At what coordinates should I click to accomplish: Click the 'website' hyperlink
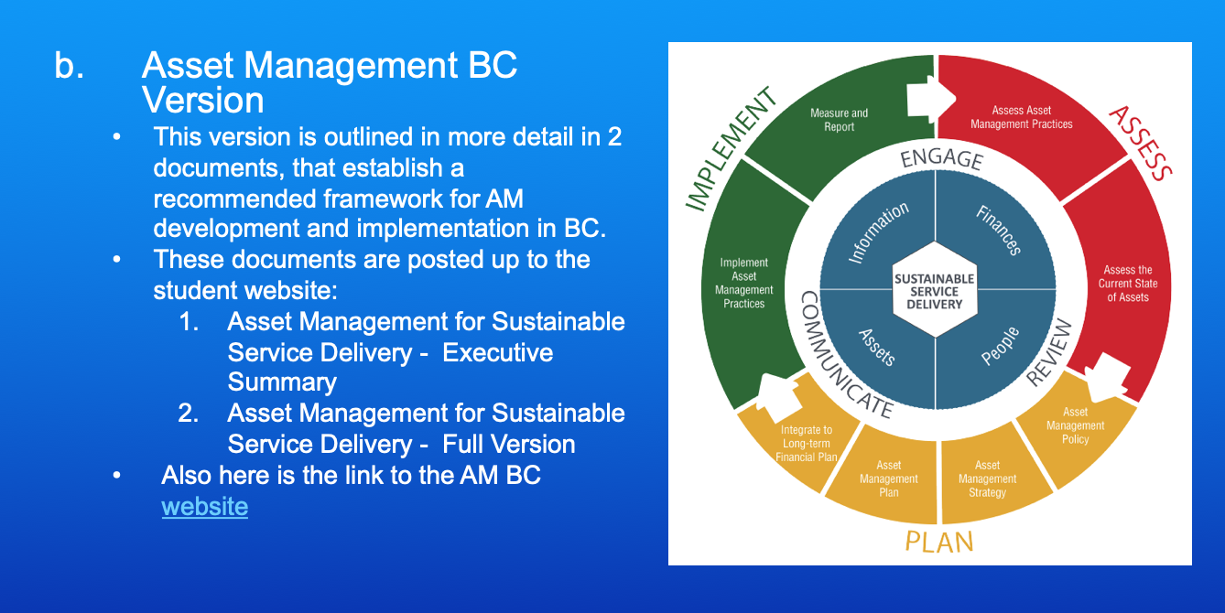pos(204,506)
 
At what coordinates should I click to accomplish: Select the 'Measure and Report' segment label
pos(839,120)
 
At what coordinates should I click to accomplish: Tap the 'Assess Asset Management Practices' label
pos(1021,117)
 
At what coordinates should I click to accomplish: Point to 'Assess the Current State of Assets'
pos(1127,284)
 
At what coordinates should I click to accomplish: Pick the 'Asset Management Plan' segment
pos(888,479)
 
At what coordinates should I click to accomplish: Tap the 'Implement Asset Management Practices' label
pos(743,283)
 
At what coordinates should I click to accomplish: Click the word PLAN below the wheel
pos(938,541)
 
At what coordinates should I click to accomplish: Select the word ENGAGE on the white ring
pos(941,158)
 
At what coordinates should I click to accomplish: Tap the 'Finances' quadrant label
pos(998,230)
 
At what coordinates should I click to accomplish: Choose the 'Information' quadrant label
pos(878,232)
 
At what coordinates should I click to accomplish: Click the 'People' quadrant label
pos(1000,346)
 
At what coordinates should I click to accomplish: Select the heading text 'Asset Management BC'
pos(330,66)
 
